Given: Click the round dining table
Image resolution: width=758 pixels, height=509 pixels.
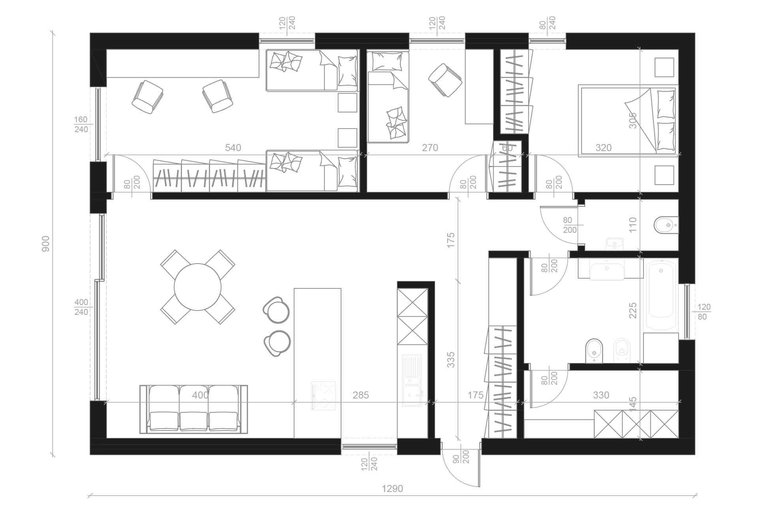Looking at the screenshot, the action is pos(197,287).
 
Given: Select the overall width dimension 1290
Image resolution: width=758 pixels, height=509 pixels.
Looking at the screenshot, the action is pos(392,489).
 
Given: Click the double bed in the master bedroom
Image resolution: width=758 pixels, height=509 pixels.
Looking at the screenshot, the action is pos(627,120).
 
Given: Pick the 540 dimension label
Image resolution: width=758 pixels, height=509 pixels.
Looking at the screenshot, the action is pos(233,148).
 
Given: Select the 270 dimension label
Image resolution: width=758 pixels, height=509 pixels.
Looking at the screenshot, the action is pos(430,148).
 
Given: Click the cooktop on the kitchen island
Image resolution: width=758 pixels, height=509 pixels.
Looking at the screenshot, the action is pos(323,395).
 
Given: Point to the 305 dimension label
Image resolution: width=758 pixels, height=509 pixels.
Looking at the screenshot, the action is pos(633,120).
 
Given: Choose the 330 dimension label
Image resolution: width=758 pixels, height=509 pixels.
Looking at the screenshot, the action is pos(601,395).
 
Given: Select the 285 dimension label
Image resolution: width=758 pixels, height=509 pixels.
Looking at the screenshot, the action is pos(361,395).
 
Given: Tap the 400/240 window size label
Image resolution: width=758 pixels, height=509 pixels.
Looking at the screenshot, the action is pos(81,307).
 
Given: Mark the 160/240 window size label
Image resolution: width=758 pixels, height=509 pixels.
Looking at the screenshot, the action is pos(81,124).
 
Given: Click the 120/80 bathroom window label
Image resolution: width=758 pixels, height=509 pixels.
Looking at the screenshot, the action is pos(704,312).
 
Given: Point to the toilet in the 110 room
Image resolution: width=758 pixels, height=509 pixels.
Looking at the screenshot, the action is pos(666,225).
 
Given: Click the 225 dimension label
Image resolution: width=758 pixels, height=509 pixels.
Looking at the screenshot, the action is pos(633,311).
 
